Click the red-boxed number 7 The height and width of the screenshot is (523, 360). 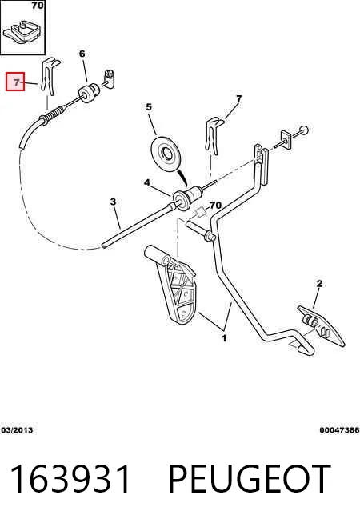tap(17, 82)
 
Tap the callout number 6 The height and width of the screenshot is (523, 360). tap(82, 54)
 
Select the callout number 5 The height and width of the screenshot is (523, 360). tap(149, 107)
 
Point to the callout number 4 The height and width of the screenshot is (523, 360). tap(147, 182)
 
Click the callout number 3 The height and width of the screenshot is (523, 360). tap(113, 202)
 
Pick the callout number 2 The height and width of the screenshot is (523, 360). tap(319, 284)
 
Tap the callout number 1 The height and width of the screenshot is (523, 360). tap(224, 338)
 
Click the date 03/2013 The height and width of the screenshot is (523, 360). tap(17, 430)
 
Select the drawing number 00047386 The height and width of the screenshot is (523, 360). tap(339, 430)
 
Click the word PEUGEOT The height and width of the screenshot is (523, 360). tap(250, 479)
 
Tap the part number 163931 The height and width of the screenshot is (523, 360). tap(70, 479)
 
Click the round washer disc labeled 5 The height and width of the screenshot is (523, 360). tap(166, 154)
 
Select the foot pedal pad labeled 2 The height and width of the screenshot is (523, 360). tap(322, 326)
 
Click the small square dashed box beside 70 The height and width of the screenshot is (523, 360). tap(201, 212)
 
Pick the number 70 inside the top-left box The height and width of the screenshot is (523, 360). tap(38, 6)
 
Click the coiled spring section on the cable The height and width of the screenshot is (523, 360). tap(53, 114)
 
